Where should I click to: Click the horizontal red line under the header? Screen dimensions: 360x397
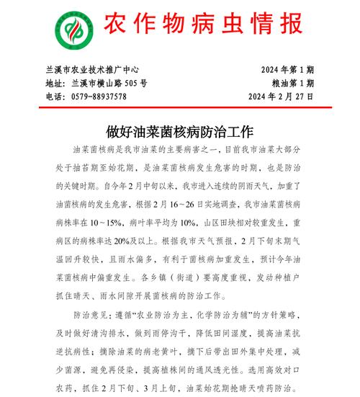180,108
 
